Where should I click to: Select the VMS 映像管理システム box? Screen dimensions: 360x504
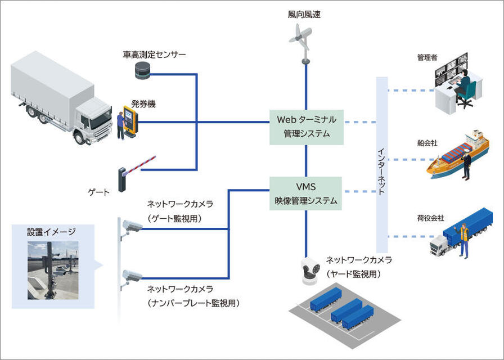coord(306,193)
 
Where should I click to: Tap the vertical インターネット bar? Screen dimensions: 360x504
coord(382,164)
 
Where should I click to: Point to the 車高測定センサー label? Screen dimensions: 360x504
coord(154,55)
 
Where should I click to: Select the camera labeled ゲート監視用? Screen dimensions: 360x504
coord(133,226)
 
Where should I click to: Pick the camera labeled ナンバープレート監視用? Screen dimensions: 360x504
coord(133,276)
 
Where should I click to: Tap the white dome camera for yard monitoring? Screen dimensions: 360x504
coord(310,269)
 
